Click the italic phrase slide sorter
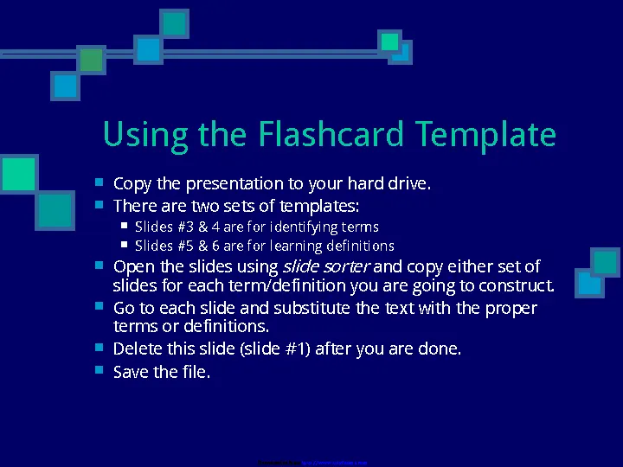[x=326, y=266]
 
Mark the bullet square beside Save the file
[x=100, y=370]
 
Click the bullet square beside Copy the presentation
[x=100, y=182]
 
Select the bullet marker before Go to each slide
[x=100, y=307]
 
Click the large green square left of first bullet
[x=19, y=174]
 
